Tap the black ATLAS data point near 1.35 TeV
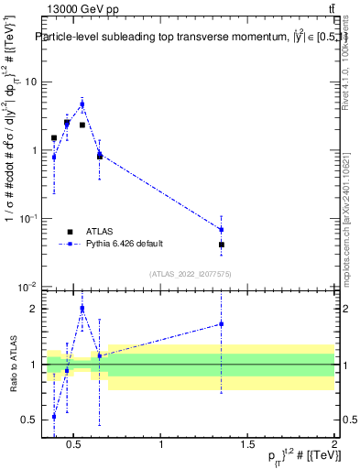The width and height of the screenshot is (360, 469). (x=222, y=245)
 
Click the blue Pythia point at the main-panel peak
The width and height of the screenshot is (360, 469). (x=82, y=104)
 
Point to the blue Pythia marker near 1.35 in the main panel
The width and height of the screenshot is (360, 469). (x=222, y=229)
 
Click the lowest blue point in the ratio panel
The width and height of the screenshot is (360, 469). (x=54, y=416)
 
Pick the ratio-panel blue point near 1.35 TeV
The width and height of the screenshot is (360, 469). (x=222, y=323)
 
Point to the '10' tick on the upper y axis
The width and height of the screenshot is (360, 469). (x=29, y=82)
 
